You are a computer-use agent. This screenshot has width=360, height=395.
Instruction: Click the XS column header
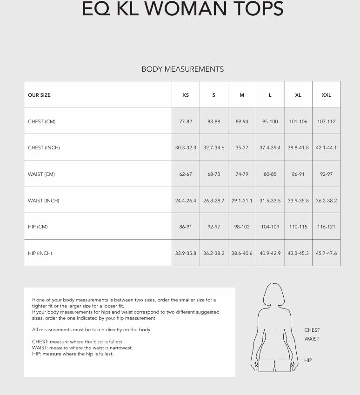186,95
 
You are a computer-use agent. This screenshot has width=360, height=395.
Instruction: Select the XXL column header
326,95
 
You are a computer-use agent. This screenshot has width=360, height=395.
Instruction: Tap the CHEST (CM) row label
42,121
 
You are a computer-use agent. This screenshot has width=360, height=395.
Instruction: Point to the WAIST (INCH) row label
44,201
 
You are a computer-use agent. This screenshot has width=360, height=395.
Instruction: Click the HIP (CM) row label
38,227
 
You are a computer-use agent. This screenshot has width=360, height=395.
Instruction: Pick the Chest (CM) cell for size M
242,121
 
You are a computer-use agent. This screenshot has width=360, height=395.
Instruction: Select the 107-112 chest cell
326,121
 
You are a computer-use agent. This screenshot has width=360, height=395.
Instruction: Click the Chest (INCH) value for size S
213,147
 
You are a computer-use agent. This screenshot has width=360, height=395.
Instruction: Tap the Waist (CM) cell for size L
270,174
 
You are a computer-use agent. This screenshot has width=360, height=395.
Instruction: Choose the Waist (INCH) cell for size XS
186,201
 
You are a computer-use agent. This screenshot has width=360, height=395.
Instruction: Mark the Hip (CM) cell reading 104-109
270,227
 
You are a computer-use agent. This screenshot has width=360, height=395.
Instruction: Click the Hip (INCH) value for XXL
326,253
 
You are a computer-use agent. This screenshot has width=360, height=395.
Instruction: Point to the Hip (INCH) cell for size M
242,253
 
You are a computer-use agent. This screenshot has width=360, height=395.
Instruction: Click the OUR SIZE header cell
40,95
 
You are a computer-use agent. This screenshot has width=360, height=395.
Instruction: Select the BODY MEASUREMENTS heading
183,69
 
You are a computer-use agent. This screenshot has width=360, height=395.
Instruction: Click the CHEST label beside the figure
312,330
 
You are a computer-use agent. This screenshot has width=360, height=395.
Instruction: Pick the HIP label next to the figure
308,360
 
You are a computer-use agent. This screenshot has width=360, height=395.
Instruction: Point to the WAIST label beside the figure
312,339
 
